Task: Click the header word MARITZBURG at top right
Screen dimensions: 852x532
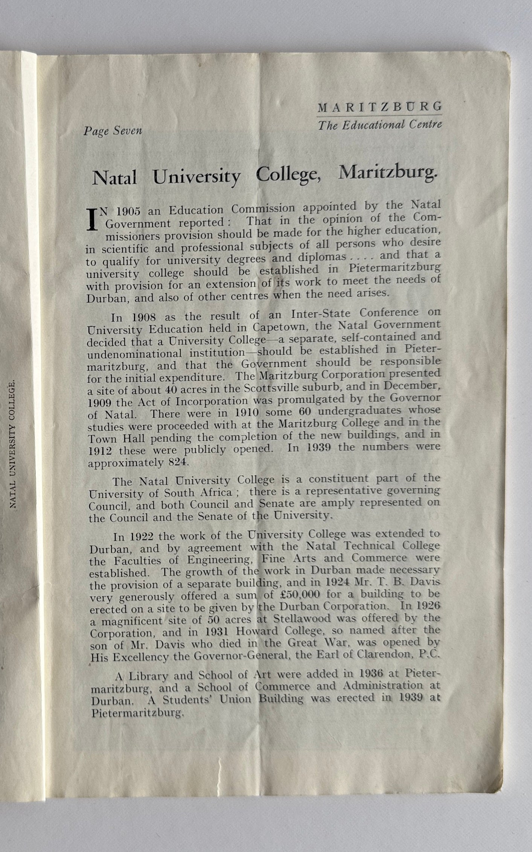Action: click(380, 108)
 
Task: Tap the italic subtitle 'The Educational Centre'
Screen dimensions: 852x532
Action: click(380, 125)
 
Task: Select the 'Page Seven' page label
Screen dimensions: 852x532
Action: click(113, 131)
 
